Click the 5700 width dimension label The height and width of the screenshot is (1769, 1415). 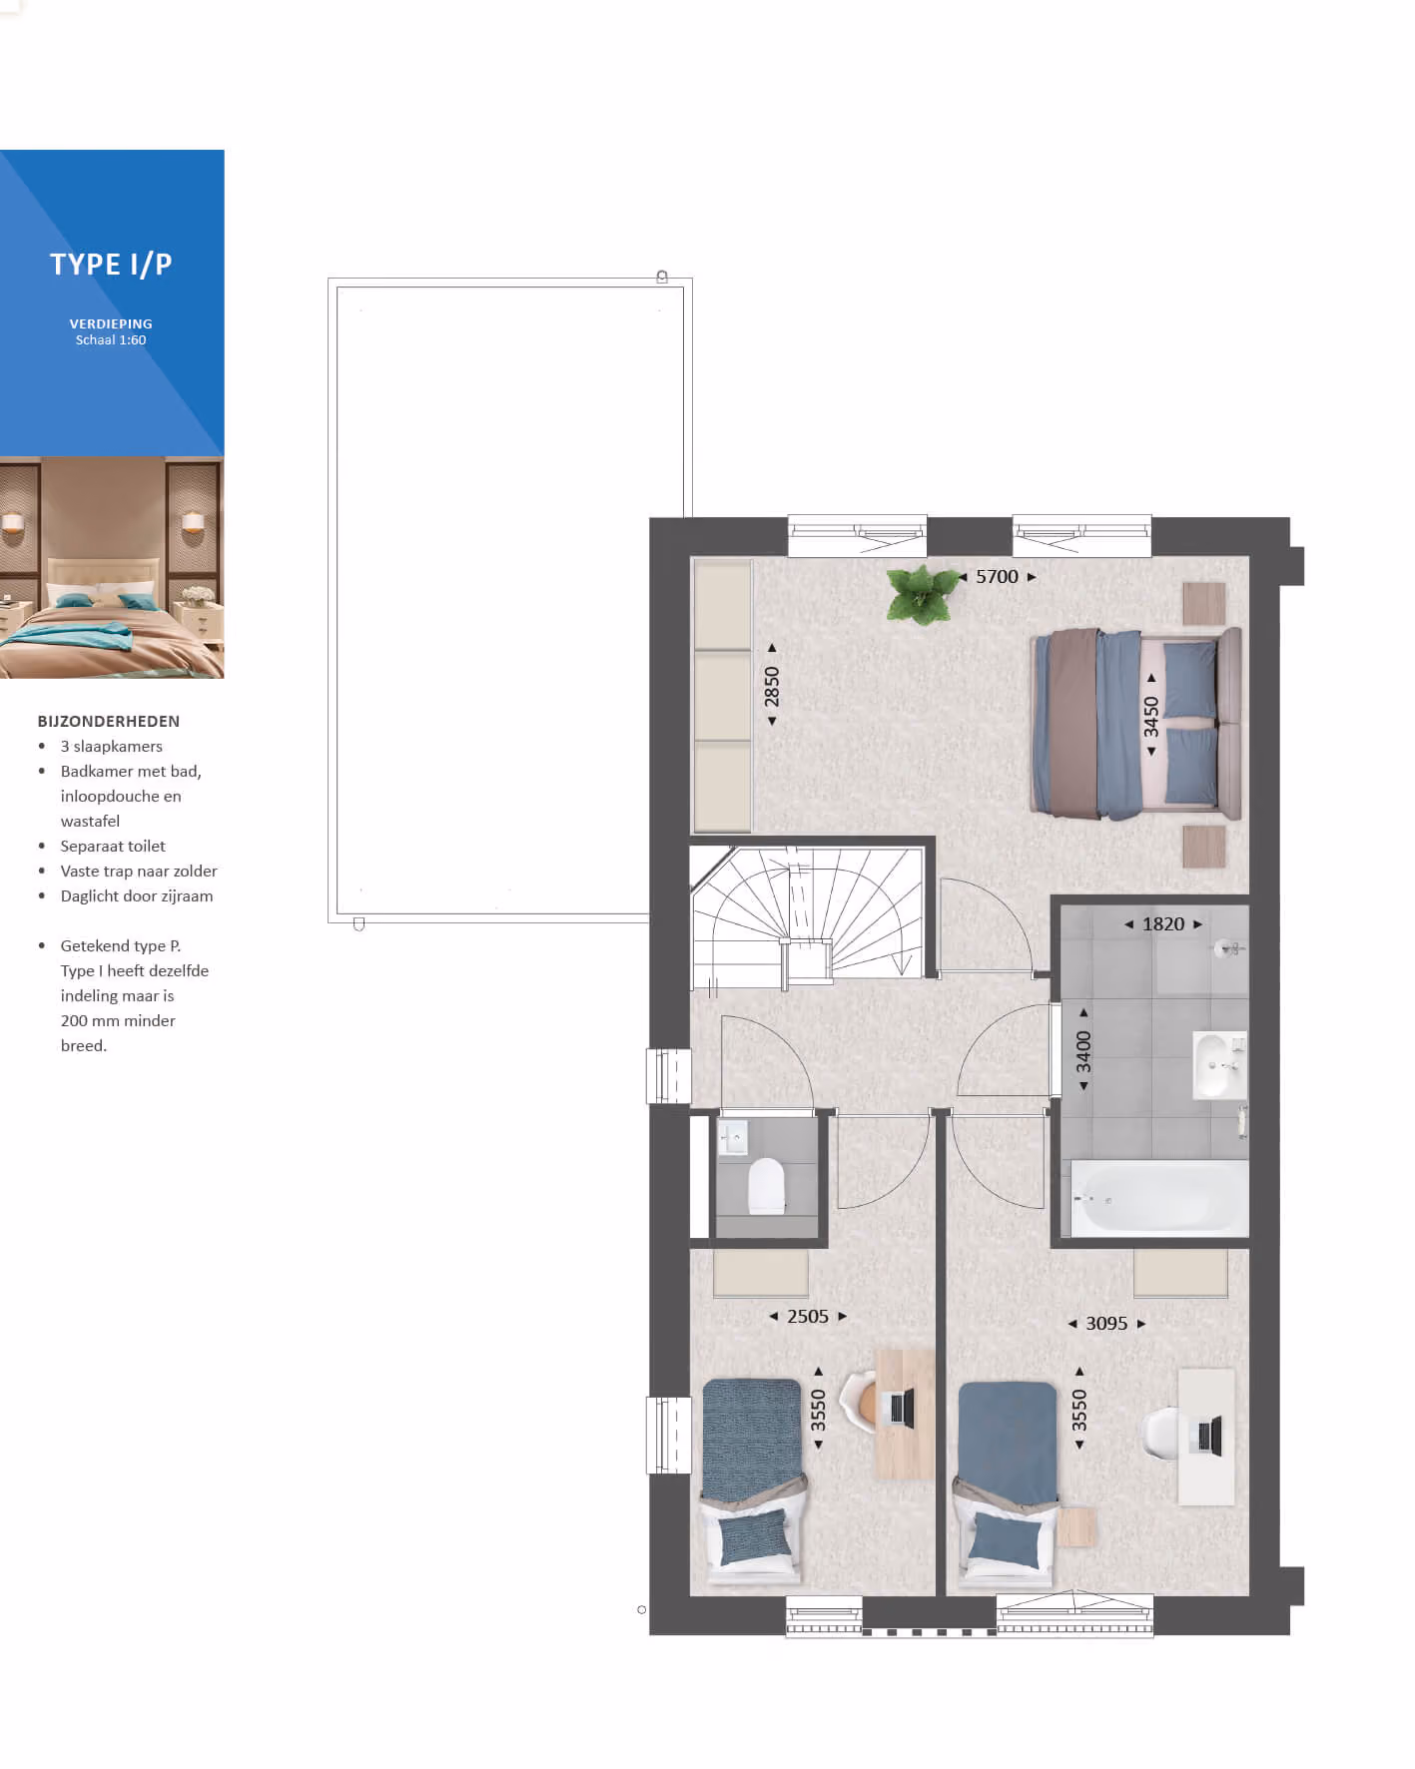[997, 577]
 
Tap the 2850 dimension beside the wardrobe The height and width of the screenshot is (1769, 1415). [772, 686]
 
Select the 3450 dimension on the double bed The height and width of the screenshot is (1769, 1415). [1151, 716]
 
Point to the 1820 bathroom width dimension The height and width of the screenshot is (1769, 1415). [1163, 924]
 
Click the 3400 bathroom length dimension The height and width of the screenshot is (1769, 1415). [1083, 1052]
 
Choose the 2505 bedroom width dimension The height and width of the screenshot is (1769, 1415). [808, 1317]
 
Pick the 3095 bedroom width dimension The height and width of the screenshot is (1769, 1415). [1106, 1324]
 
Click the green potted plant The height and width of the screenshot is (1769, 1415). [923, 594]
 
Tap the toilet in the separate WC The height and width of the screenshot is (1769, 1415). [766, 1185]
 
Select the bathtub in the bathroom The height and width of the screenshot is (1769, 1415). [1159, 1198]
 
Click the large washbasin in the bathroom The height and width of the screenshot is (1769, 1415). [1219, 1064]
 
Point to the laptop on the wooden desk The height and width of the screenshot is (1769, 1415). [901, 1408]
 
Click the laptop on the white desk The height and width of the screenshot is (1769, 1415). [1208, 1435]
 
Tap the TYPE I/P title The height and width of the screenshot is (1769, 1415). [111, 265]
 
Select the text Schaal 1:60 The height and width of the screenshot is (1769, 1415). [111, 340]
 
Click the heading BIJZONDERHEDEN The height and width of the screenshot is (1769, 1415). [109, 721]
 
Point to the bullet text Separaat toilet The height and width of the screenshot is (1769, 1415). [113, 846]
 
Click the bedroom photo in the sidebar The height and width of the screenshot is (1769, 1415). [112, 568]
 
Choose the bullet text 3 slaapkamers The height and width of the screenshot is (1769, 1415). [111, 747]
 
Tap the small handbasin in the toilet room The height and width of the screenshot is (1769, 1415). [734, 1137]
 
